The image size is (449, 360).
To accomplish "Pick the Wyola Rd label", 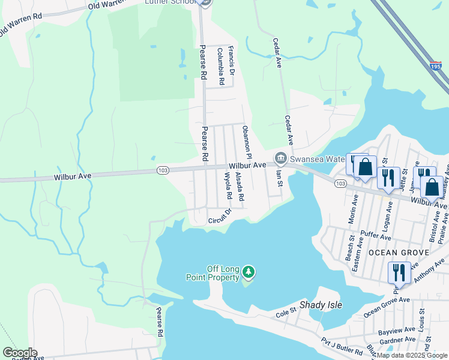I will [228, 186].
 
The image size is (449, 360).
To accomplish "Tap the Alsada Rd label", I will [240, 187].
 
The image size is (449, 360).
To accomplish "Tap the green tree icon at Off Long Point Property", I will [248, 274].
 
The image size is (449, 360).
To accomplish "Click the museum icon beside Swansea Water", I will [280, 158].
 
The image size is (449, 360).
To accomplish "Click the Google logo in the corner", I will [20, 353].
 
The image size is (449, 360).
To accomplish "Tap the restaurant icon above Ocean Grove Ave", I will [399, 272].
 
